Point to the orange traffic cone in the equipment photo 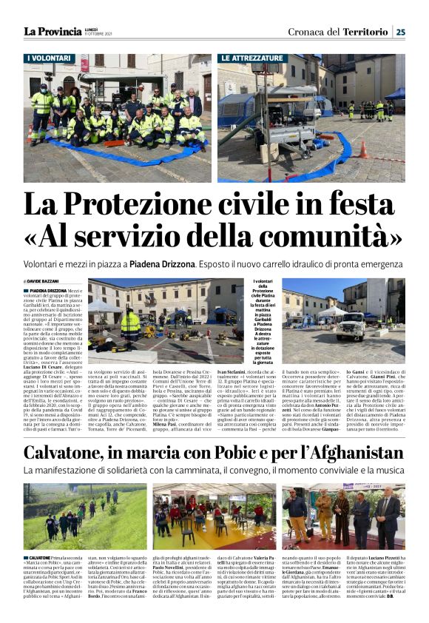click(363, 149)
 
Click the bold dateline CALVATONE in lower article click(41, 554)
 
